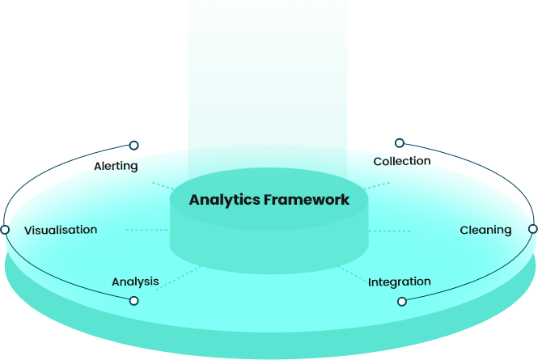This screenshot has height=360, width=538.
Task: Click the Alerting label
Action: [x=116, y=167]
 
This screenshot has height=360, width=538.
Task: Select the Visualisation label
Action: [x=61, y=230]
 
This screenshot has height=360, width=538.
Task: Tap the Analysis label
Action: [x=135, y=282]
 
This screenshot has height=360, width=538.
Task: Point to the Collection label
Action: [x=400, y=162]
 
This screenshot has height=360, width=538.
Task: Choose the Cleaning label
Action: [x=485, y=230]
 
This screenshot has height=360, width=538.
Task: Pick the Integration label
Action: [x=400, y=282]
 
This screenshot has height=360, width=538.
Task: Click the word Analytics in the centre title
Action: [x=224, y=200]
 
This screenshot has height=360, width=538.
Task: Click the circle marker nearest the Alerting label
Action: [x=133, y=146]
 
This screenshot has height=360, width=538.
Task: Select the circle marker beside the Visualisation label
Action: [x=5, y=230]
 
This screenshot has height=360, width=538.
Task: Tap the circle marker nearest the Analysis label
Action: [x=133, y=301]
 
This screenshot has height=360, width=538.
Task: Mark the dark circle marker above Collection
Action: [x=399, y=143]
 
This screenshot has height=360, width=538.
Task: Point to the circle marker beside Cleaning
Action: [x=532, y=229]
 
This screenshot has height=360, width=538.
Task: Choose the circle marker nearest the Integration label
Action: [x=402, y=301]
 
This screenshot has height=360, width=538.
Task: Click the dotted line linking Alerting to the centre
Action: [x=162, y=185]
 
